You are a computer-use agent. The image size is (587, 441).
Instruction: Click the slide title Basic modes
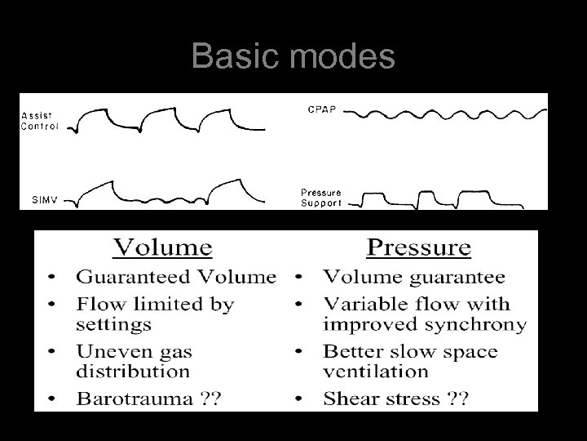[x=293, y=57]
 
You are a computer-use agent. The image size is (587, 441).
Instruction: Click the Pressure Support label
[x=320, y=198]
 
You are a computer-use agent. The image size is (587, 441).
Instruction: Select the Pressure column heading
[x=418, y=247]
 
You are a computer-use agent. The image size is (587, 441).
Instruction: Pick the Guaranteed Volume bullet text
[x=176, y=277]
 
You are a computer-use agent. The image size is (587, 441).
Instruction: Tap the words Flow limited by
[x=155, y=304]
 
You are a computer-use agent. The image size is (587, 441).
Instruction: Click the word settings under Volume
[x=113, y=323]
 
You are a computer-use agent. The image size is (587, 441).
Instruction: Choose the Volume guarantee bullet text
[x=413, y=277]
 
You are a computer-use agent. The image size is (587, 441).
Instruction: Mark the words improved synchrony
[x=424, y=323]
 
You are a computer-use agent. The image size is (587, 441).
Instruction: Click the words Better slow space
[x=410, y=351]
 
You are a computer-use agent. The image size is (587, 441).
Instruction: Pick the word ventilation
[x=375, y=371]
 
